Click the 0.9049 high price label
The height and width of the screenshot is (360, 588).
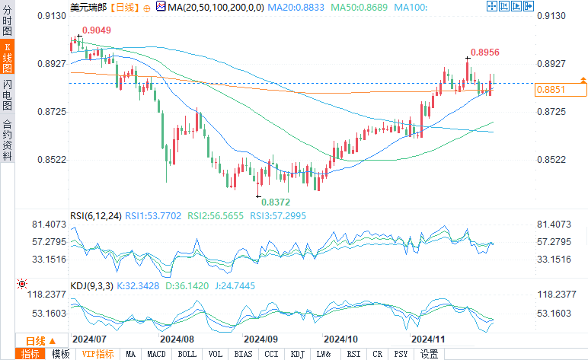[x=96, y=30]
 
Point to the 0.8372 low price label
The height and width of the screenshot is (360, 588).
[x=276, y=202]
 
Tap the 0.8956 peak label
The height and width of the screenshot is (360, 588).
[x=484, y=53]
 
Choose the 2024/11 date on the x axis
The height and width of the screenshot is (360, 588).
[x=428, y=338]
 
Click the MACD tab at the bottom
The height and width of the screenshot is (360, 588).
[x=156, y=354]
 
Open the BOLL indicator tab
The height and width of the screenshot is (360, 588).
[x=187, y=354]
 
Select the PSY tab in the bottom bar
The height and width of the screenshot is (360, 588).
[x=401, y=354]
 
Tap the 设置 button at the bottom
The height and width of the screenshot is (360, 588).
[x=429, y=354]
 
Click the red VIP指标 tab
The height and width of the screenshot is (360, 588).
[x=97, y=354]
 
